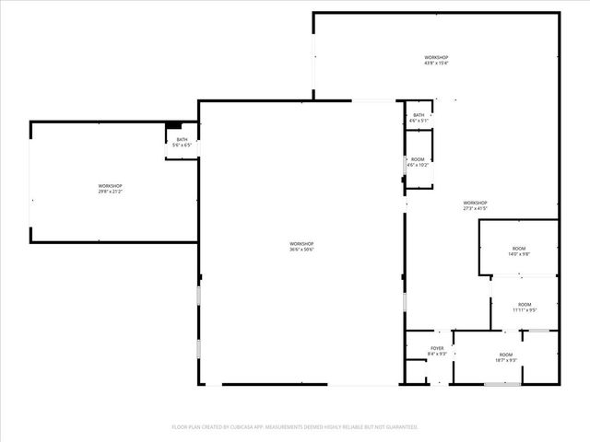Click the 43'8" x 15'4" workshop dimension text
coord(436,64)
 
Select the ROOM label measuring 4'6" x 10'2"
coord(418,159)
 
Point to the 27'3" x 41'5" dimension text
coord(475,208)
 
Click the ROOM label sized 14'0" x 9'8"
coord(518,250)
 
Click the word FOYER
coord(437,348)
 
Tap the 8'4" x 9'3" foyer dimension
coord(437,354)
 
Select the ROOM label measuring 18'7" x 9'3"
coord(505,355)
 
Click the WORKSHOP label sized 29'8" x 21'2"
coord(111,186)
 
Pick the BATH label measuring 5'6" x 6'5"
coord(182,139)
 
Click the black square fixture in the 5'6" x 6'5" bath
coord(173,125)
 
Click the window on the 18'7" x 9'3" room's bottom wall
coord(502,383)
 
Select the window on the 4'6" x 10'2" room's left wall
coord(406,166)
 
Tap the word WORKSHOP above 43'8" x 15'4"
coord(436,57)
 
